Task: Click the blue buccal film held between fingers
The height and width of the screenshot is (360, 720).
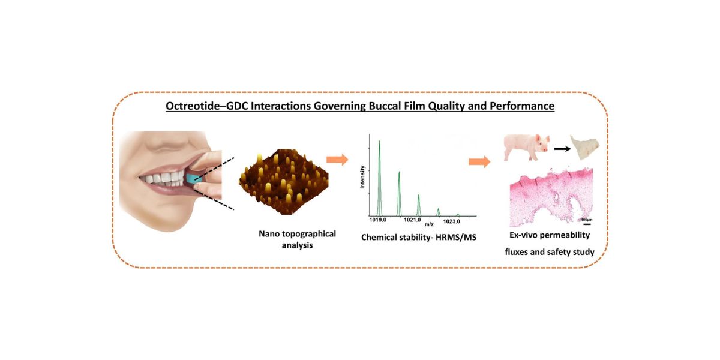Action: pos(191,178)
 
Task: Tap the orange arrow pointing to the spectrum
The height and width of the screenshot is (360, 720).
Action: pos(337,160)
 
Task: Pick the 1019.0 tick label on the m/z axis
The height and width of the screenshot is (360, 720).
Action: pos(379,221)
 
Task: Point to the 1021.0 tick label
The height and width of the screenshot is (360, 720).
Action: pos(418,221)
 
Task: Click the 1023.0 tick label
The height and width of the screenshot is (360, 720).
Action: pos(457,221)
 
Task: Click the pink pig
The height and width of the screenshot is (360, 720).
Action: pos(526,148)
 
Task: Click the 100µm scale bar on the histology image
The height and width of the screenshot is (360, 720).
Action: pos(586,214)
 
